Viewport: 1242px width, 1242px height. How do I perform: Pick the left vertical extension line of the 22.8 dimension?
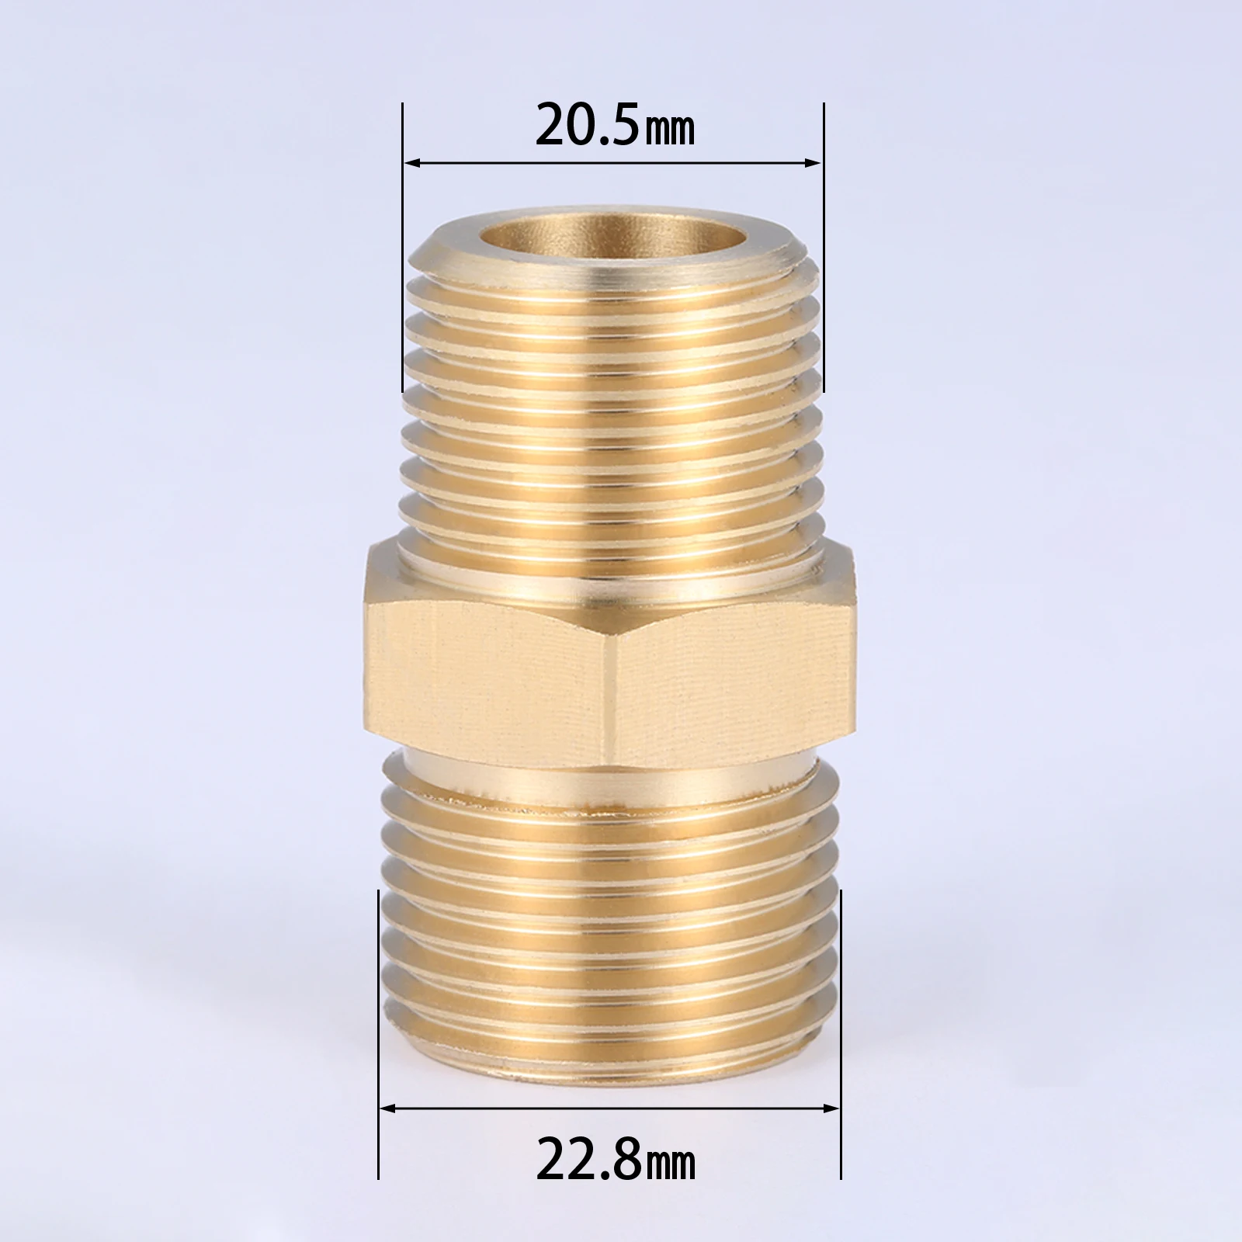377,1009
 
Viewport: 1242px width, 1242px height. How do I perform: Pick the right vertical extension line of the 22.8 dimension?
841,1009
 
